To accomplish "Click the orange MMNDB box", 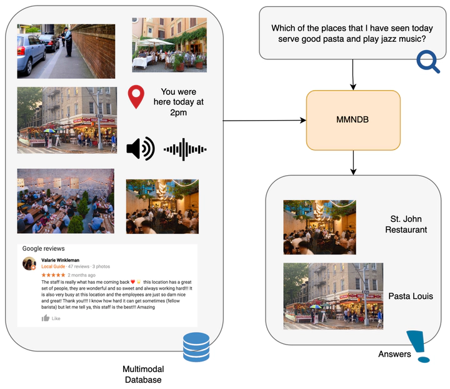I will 354,120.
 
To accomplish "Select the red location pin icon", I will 136,98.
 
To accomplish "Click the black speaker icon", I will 140,149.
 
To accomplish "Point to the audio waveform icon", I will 185,149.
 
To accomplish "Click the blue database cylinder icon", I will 196,347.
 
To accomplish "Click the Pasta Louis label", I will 411,296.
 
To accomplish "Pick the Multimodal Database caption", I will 143,375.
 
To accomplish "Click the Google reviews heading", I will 43,248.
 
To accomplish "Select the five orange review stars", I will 53,275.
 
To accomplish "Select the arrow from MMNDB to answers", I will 354,163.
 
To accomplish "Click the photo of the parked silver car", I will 66,51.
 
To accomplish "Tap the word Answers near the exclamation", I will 394,355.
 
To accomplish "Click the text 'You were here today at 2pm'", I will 182,102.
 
